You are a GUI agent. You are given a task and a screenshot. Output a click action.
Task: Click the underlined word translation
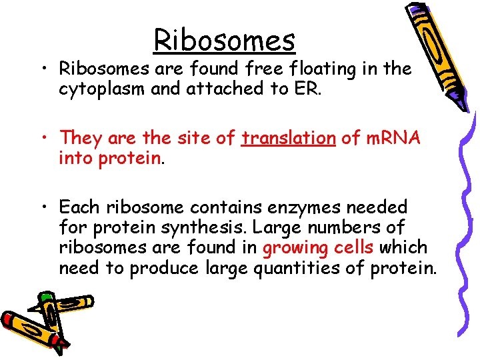(x=288, y=138)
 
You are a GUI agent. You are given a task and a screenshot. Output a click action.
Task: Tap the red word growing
(x=295, y=248)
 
